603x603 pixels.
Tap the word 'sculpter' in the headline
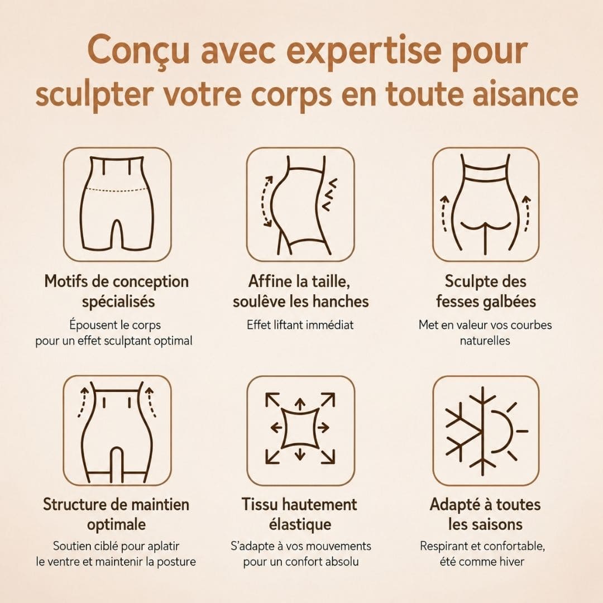coord(94,94)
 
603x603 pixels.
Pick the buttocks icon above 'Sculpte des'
coord(485,204)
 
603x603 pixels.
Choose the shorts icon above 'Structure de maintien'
coord(117,432)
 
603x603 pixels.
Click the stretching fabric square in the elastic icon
coord(300,427)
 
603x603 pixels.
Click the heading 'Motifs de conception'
coord(117,281)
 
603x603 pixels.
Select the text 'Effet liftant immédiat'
coord(300,325)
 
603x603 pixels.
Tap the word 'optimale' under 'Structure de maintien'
coord(117,524)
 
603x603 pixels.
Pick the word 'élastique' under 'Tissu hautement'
coord(300,524)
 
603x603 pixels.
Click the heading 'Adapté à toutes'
coord(485,504)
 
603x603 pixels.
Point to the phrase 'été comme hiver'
coord(482,562)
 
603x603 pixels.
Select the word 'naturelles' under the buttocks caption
coord(485,341)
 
